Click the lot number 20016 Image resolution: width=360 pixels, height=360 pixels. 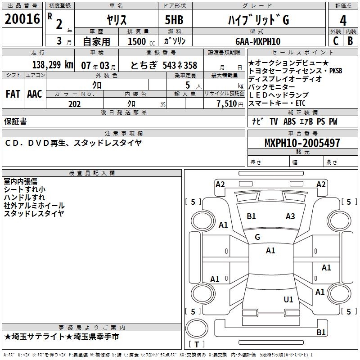tap(22, 19)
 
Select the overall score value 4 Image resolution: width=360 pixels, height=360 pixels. tap(343, 20)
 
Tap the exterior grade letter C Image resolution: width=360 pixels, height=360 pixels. tap(335, 41)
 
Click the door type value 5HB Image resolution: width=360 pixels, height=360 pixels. tap(171, 20)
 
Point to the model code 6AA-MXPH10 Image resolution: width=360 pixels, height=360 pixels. tap(258, 41)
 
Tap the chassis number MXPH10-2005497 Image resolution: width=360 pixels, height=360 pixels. tap(302, 143)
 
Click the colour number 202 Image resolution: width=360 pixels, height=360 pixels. tap(75, 104)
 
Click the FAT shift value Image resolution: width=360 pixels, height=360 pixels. tap(13, 94)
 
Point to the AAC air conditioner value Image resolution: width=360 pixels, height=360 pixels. tap(35, 94)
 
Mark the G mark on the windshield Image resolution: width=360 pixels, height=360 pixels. tap(257, 237)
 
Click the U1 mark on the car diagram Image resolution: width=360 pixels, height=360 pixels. tap(288, 299)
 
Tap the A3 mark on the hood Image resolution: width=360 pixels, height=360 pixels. tap(290, 216)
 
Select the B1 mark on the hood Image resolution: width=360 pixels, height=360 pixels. tap(251, 216)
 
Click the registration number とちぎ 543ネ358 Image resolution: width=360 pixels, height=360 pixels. tap(164, 65)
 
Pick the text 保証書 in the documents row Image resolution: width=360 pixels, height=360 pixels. tap(15, 121)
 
